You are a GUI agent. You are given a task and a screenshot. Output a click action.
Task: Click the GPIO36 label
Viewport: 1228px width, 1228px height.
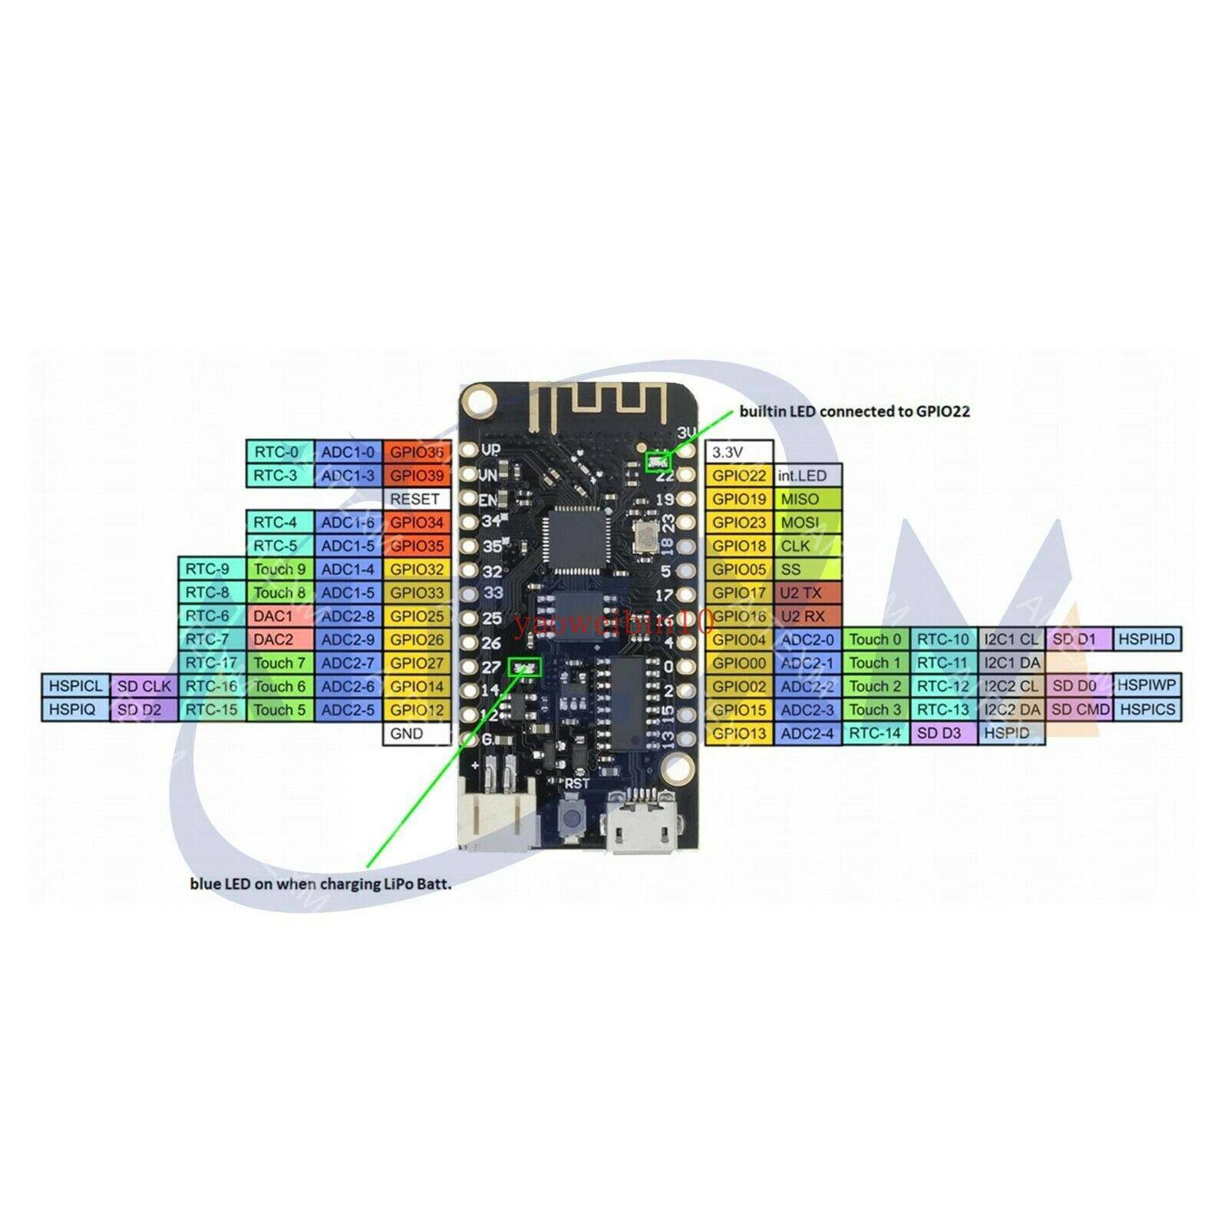coord(417,452)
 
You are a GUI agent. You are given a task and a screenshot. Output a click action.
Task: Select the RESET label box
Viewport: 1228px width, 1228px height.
coord(415,499)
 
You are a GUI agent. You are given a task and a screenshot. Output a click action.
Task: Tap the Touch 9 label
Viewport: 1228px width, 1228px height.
coord(279,569)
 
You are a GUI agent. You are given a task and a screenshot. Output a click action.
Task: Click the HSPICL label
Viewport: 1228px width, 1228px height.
coord(75,685)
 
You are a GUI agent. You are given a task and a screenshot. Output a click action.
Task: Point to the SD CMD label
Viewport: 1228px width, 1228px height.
coord(1081,709)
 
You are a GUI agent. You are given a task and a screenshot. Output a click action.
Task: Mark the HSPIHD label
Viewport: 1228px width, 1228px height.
coord(1147,639)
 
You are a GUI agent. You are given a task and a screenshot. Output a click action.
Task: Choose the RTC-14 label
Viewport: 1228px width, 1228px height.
coord(875,733)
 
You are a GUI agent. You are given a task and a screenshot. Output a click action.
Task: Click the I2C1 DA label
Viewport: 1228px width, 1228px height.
coord(1012,662)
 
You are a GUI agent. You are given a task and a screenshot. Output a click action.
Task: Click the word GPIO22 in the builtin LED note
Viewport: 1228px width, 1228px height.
coord(942,411)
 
